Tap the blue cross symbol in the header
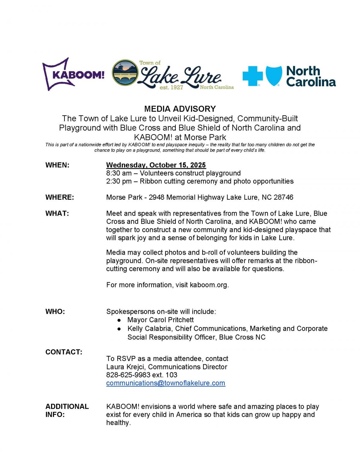pos(253,76)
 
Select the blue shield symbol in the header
pos(273,76)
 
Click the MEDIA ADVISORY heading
pos(180,109)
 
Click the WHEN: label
pos(57,165)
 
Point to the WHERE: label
pos(59,197)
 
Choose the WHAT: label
pos(57,214)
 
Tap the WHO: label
pos(55,311)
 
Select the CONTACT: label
pos(64,352)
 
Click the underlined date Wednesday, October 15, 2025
pos(156,165)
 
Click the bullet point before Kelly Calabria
pos(119,329)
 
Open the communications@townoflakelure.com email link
pos(166,383)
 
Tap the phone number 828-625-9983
pos(128,375)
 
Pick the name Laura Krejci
pos(125,367)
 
